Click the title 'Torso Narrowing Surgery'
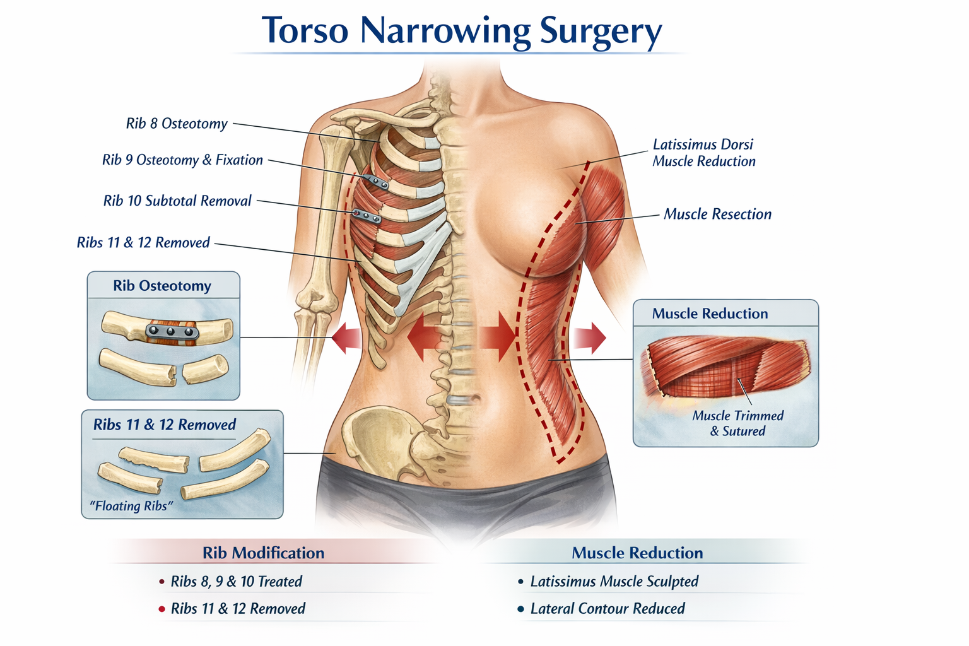click(x=461, y=30)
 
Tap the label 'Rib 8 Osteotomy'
click(x=177, y=124)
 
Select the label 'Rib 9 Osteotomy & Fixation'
click(x=182, y=160)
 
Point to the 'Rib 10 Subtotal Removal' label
click(x=177, y=201)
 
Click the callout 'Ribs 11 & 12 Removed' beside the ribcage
click(x=143, y=243)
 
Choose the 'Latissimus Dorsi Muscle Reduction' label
click(x=703, y=153)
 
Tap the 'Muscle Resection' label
click(x=717, y=214)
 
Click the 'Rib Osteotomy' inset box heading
click(x=162, y=286)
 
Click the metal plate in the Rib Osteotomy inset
click(x=172, y=331)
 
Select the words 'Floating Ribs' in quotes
click(x=131, y=506)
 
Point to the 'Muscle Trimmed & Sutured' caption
click(x=737, y=423)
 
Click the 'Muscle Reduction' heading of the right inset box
click(x=710, y=314)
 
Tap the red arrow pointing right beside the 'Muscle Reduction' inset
click(x=590, y=338)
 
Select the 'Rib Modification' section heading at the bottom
click(x=263, y=553)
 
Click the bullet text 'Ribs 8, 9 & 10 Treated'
click(x=236, y=581)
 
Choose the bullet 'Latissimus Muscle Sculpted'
click(x=614, y=581)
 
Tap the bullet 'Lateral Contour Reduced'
click(x=607, y=608)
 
